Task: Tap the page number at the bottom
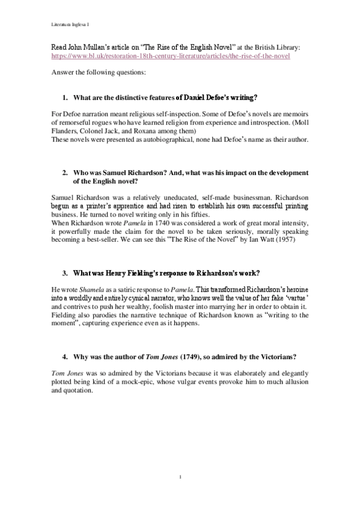(180, 478)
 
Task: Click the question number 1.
(65, 97)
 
